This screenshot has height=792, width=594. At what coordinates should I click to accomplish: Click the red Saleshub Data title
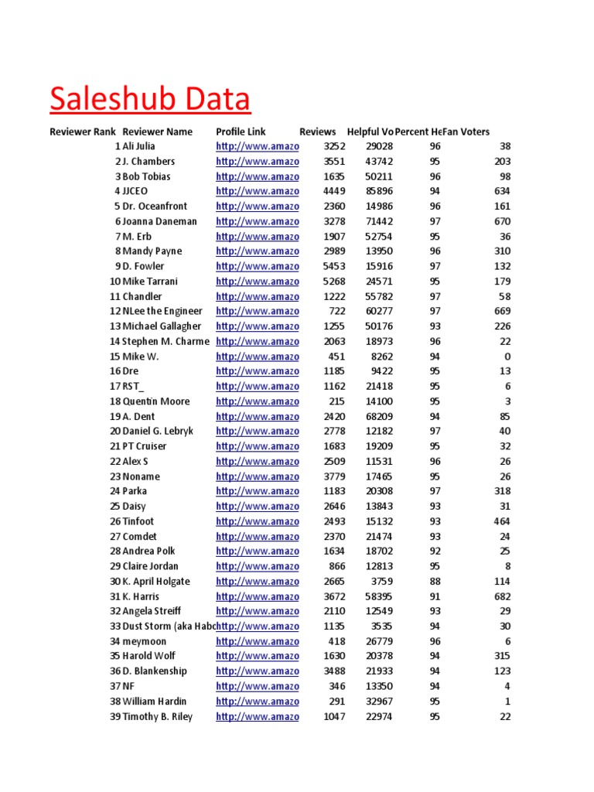pos(150,100)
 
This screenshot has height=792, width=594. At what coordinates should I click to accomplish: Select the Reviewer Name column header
pos(157,131)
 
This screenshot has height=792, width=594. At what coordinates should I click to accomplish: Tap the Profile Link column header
pos(241,131)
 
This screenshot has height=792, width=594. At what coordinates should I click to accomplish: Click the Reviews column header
pos(317,131)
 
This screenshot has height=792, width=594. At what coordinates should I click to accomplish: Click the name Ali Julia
pos(139,146)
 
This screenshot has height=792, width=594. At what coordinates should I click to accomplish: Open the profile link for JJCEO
pos(257,191)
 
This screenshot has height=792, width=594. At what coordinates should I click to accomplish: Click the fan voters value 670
pos(502,221)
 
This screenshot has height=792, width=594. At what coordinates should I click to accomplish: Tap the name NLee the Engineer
pos(162,311)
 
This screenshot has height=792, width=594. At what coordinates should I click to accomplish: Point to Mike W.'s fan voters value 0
pos(507,356)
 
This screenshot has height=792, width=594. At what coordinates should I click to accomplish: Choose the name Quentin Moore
pos(155,401)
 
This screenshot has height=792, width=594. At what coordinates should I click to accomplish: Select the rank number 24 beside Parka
pos(114,490)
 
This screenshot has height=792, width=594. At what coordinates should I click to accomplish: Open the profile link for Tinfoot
pos(257,521)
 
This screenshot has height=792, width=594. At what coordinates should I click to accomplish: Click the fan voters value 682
pos(502,596)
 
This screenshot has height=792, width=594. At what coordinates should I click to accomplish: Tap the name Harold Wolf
pos(149,656)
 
